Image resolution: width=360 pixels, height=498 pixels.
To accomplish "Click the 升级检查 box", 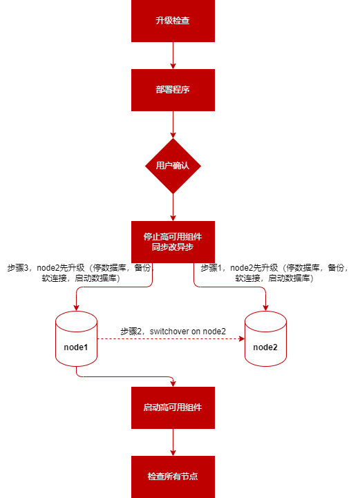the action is pos(173,21).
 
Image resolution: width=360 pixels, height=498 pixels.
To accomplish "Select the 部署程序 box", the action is pos(173,90).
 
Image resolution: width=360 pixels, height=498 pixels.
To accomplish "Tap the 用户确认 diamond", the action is pos(173,166).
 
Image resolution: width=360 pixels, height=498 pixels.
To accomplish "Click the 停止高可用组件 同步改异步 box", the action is pos(173,242).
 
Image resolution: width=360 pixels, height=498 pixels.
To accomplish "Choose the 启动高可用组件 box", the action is pos(173,408).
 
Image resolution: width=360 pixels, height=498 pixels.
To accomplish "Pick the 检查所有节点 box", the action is pos(173,477).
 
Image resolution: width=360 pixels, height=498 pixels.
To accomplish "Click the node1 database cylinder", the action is pos(76,338).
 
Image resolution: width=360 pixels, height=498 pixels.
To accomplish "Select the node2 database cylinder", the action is pos(265,338).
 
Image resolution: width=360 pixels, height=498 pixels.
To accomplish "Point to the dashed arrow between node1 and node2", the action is pos(171,339).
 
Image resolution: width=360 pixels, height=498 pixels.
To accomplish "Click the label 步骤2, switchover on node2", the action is pos(173,332).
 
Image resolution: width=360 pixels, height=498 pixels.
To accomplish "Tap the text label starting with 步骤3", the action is pos(81,273).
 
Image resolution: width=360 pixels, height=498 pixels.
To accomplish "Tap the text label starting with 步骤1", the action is pos(274,273).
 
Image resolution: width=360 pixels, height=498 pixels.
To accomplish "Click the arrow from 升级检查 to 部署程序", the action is pos(173,55).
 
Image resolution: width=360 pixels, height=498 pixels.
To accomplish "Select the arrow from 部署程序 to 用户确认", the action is pos(173,124).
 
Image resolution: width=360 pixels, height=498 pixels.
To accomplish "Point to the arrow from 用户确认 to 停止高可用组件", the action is pos(173,207).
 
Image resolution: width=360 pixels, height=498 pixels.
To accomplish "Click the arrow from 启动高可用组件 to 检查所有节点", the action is pos(173,442).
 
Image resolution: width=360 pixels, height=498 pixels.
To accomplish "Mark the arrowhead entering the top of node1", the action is pos(76,308).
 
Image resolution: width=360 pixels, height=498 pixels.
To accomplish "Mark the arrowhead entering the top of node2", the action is pos(265,308).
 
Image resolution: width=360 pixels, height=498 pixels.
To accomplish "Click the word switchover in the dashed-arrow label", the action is pos(169,332).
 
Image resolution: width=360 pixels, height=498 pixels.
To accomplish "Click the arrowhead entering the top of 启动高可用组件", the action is pos(173,383).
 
